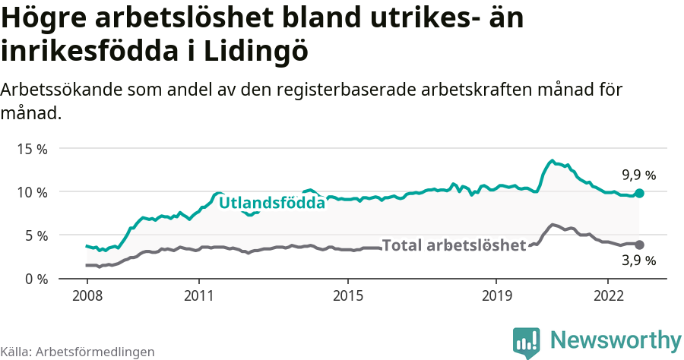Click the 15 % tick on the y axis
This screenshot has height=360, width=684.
(x=31, y=149)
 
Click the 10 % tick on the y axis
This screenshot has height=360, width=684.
(x=31, y=192)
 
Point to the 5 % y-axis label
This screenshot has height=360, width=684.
(x=35, y=235)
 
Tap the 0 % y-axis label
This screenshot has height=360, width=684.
(x=35, y=279)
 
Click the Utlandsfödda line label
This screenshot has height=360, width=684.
(x=271, y=203)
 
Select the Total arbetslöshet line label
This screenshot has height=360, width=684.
(x=454, y=245)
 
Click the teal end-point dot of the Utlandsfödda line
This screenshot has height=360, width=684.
(x=639, y=194)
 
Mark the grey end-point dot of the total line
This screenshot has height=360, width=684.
(x=639, y=245)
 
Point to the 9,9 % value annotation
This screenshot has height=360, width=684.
(x=638, y=175)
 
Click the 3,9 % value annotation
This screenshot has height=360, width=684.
(x=638, y=261)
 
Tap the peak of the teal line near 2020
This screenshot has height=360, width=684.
(x=552, y=161)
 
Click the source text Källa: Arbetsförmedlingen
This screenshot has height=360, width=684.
(x=78, y=352)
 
